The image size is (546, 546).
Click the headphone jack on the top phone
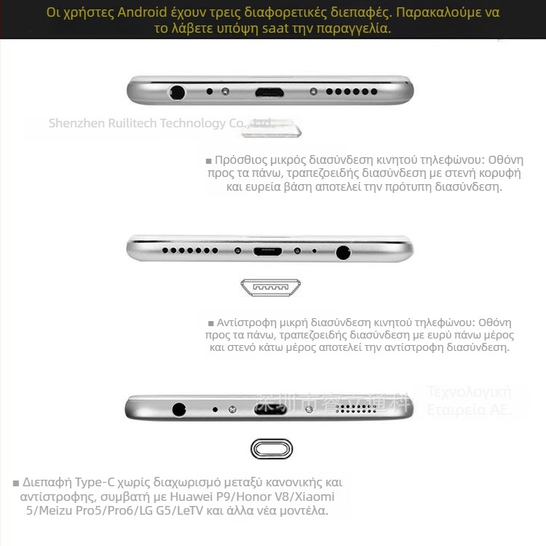click(x=176, y=92)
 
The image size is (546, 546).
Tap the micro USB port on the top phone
click(x=269, y=92)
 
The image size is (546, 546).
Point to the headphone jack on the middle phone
click(x=343, y=252)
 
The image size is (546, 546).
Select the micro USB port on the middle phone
click(x=267, y=251)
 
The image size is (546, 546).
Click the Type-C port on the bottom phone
click(x=270, y=409)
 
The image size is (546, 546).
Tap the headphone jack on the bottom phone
click(x=179, y=409)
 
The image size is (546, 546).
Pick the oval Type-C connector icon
click(x=272, y=449)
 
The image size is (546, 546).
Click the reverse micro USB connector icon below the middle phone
click(x=271, y=288)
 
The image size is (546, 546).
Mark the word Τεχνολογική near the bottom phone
click(x=470, y=392)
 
